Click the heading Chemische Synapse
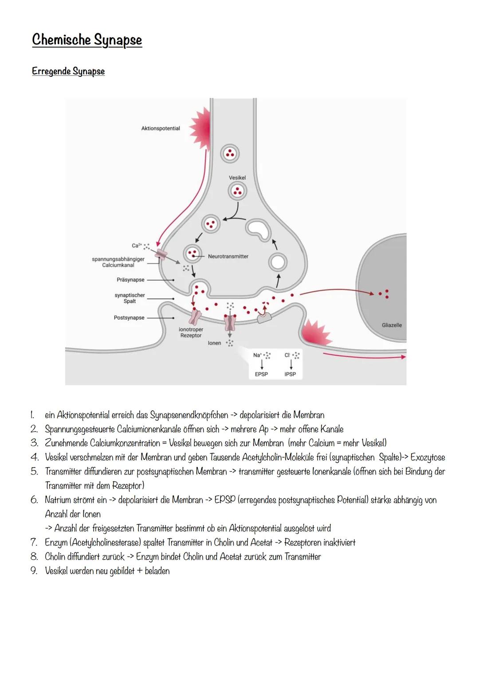87,40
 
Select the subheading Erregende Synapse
68,71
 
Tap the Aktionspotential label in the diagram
161,128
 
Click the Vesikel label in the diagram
237,178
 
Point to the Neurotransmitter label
228,256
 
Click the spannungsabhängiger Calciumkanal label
118,262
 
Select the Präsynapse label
130,280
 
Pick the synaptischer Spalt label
130,298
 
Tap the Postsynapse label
129,317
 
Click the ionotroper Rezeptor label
191,333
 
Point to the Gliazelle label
392,325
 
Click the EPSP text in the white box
261,374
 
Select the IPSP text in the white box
290,374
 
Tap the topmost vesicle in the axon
230,154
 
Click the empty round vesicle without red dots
278,262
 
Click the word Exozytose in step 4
428,457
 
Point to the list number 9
34,571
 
